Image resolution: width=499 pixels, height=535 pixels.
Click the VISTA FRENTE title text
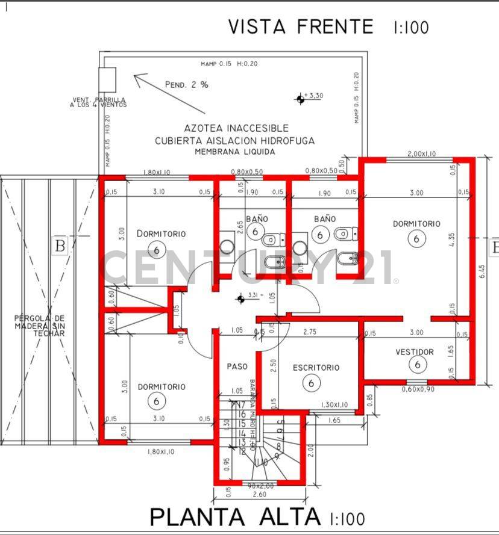301,26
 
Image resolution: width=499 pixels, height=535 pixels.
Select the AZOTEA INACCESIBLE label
236,128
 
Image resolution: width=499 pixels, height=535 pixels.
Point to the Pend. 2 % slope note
187,85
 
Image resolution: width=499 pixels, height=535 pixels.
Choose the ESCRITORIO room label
316,367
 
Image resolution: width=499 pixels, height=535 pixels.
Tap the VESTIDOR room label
414,351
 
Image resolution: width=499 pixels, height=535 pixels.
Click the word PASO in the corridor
237,366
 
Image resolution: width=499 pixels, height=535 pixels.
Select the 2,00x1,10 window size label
421,153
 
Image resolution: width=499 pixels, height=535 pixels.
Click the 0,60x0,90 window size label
418,389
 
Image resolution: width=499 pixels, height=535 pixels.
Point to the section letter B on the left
60,246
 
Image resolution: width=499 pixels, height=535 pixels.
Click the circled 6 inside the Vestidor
416,364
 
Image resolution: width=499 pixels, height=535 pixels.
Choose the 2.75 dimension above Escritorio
310,332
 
